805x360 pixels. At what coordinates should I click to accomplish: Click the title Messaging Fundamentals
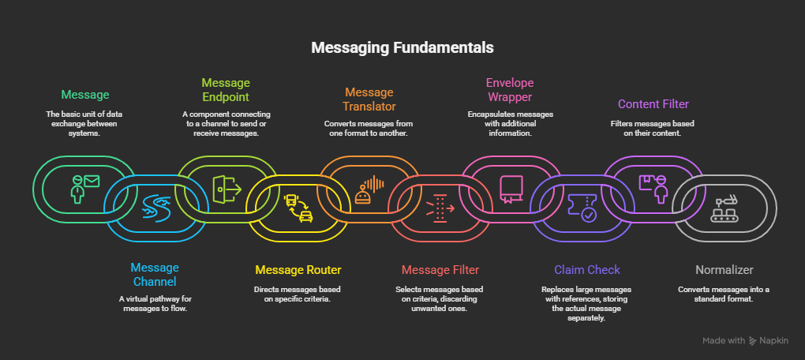point(402,48)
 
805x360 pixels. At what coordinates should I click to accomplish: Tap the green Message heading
point(85,95)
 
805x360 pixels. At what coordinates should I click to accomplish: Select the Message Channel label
point(155,275)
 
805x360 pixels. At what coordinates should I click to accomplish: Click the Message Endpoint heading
point(226,89)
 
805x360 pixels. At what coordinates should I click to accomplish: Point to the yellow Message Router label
point(298,270)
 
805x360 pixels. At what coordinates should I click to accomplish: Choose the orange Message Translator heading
point(369,99)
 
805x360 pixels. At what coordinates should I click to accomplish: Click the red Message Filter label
point(440,270)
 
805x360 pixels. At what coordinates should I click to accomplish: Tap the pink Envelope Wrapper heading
point(509,89)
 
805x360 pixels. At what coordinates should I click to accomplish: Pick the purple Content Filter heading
point(653,104)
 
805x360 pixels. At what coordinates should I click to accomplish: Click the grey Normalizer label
point(723,269)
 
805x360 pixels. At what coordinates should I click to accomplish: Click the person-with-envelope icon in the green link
point(84,188)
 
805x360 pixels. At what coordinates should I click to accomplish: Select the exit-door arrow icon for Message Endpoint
point(226,187)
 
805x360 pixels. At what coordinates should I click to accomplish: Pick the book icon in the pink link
point(510,187)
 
